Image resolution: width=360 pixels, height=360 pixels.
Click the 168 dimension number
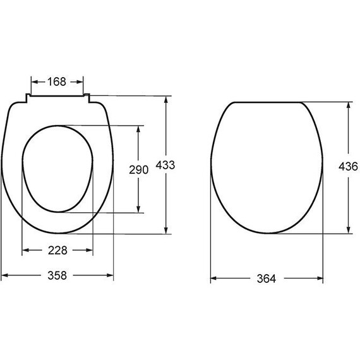pyautogui.click(x=57, y=81)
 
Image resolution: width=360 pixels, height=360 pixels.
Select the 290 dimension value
pyautogui.click(x=139, y=170)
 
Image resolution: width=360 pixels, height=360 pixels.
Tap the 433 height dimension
pyautogui.click(x=165, y=165)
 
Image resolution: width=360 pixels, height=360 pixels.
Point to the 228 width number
pyautogui.click(x=57, y=250)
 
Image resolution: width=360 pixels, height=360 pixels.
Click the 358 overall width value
pyautogui.click(x=57, y=275)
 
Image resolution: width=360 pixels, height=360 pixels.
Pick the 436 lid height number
pyautogui.click(x=348, y=167)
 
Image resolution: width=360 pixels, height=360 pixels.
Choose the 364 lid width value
pyautogui.click(x=267, y=279)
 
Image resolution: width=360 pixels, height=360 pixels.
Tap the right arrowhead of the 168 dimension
pyautogui.click(x=80, y=81)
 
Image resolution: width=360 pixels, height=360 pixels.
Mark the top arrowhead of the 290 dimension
pyautogui.click(x=138, y=129)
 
